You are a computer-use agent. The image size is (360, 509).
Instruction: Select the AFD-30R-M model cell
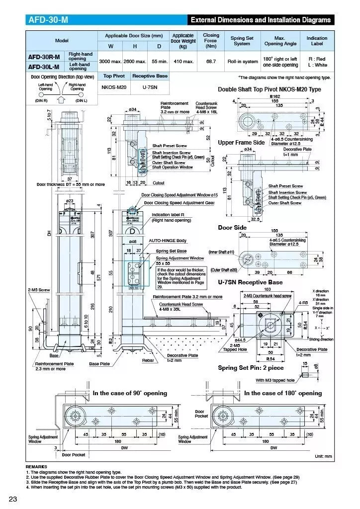(44, 57)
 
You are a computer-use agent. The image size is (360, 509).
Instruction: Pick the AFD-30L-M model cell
(44, 66)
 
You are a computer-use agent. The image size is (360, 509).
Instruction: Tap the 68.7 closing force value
(211, 62)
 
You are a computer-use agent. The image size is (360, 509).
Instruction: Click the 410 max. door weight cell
(183, 62)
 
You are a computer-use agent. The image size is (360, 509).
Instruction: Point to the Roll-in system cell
(243, 62)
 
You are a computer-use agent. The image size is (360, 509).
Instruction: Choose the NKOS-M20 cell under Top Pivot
(114, 86)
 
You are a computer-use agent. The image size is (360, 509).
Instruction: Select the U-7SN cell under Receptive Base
(149, 86)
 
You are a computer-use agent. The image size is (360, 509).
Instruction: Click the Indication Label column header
(317, 41)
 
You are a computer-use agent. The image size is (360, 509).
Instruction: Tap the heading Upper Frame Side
(241, 143)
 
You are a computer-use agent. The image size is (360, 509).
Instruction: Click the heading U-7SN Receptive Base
(250, 282)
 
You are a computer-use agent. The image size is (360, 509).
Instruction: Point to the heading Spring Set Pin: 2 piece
(251, 368)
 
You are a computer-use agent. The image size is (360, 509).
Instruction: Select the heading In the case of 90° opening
(130, 393)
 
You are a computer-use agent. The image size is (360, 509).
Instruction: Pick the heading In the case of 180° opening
(283, 393)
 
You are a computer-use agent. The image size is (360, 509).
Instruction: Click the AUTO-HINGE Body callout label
(168, 241)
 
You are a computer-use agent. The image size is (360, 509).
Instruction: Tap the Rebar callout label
(148, 360)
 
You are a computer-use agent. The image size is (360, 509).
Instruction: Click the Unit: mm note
(323, 456)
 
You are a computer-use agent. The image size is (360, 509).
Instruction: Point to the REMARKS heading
(37, 467)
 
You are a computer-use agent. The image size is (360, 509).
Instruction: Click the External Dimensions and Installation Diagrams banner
(261, 20)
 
